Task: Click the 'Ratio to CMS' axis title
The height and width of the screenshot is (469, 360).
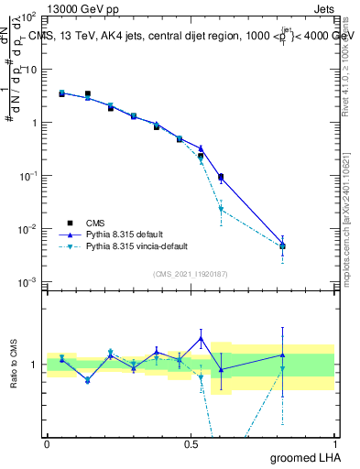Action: pos(13,365)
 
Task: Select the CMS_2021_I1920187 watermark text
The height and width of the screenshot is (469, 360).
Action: pos(190,273)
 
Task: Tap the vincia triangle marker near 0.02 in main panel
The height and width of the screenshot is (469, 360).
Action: pos(221,209)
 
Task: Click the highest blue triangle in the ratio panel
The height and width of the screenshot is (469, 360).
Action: pos(201,338)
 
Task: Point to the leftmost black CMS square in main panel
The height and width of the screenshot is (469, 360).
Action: pos(61,93)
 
